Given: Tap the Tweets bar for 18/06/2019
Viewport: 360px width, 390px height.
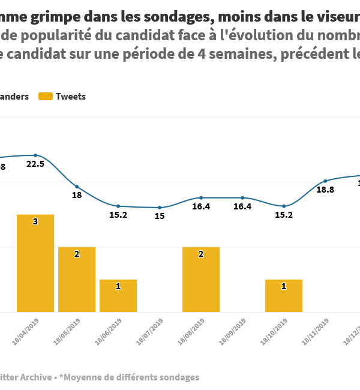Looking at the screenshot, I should click(118, 295).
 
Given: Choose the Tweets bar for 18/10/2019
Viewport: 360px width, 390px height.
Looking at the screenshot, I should click(284, 295).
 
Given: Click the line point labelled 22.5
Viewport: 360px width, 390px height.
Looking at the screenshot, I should click(35, 155).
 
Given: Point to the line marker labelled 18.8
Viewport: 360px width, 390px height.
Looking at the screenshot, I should click(325, 181).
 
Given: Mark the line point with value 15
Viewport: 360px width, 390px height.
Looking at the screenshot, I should click(160, 208).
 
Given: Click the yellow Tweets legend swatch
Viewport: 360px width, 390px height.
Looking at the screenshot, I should click(45, 97).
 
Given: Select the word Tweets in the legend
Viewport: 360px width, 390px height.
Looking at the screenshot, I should click(71, 97).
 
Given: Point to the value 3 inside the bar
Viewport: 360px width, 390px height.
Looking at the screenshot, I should click(35, 222).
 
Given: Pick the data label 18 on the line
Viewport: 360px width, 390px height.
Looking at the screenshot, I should click(77, 196).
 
